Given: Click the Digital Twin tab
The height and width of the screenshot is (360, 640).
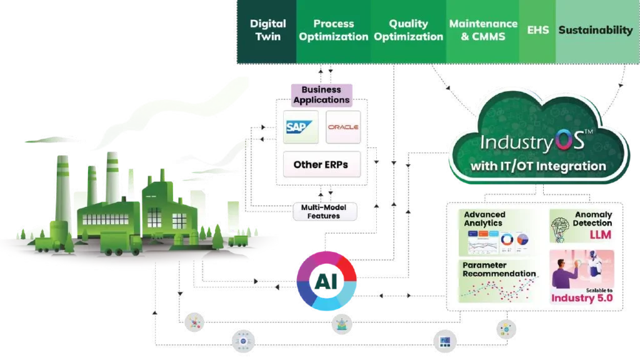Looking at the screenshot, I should coord(267,31).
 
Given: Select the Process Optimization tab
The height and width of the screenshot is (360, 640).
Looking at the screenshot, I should coord(333,31).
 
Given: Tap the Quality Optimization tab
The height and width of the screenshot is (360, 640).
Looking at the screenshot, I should coord(408,31).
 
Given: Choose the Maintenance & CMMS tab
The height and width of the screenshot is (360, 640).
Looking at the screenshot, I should coord(483,31).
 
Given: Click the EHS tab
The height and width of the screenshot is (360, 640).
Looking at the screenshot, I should coord(537,30).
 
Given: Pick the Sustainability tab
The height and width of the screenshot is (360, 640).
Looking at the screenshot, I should coord(595,30).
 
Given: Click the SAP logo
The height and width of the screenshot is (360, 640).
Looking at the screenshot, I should coord(300,127).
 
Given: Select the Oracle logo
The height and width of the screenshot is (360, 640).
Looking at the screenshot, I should coord(342,127).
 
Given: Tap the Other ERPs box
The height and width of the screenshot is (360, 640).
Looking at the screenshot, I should coord(321,165).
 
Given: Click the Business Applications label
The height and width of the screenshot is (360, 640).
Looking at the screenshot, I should coord(321,95).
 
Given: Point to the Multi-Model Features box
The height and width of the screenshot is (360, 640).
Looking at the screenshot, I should coord(324,212).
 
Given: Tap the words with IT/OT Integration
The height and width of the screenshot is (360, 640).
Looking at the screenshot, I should coord(539,166).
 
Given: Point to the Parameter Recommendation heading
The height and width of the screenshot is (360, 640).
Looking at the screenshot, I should coord(499,269).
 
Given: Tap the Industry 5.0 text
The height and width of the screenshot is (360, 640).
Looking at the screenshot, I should coord(581,298).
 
